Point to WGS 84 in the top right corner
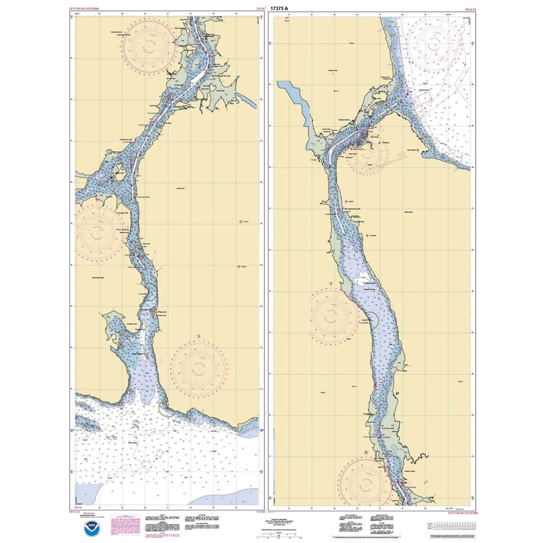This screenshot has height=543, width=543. coord(463,9)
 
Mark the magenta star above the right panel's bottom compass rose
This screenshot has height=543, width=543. coord(366,452)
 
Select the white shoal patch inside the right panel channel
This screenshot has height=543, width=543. coord(359,282)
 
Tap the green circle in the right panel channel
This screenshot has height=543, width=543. coord(371,320)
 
